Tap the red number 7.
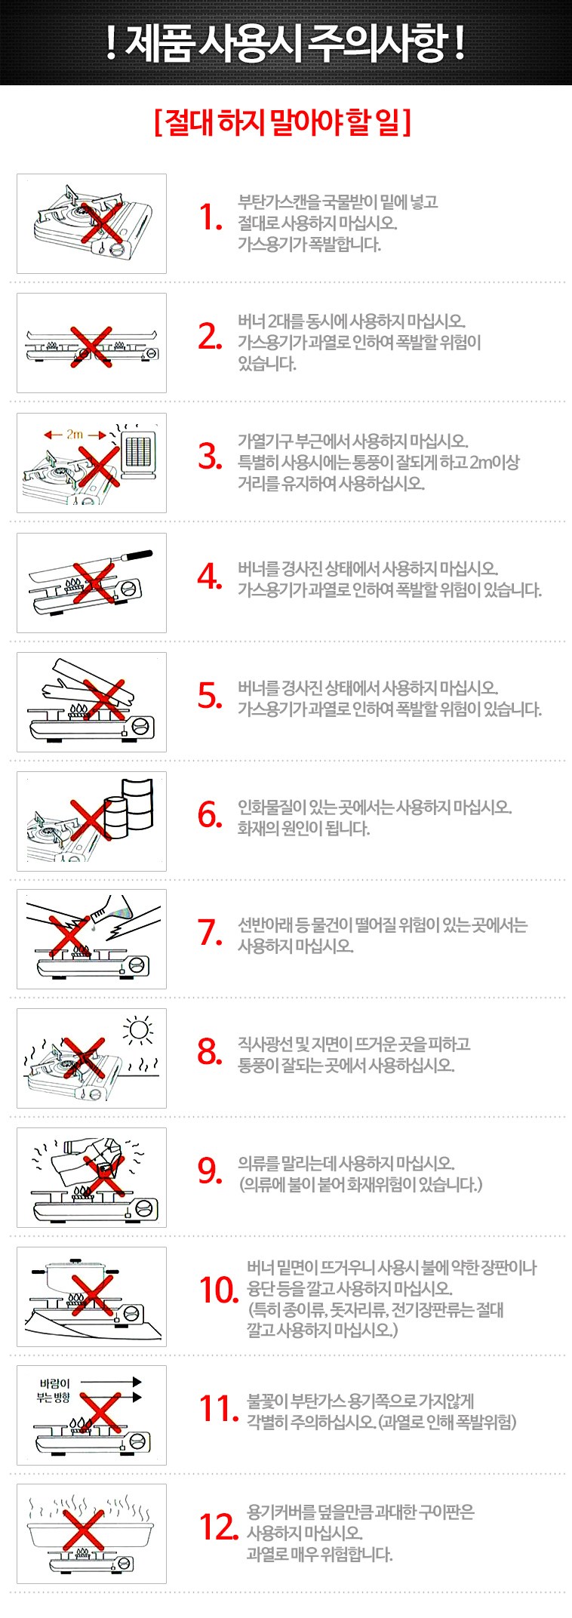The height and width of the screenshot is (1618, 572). [211, 933]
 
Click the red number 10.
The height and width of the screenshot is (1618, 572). [219, 1290]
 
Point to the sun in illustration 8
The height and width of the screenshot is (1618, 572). [138, 1029]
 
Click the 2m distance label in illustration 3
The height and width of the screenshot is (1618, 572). [75, 435]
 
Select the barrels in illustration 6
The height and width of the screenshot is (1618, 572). [128, 809]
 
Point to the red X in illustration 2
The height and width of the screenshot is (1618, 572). [91, 346]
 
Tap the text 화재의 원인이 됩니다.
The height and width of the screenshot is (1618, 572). [303, 828]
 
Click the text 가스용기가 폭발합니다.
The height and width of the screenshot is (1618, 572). [309, 244]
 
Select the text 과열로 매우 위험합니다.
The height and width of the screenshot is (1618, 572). [320, 1554]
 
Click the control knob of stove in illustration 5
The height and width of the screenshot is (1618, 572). [141, 726]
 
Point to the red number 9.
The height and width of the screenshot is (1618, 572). [211, 1170]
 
